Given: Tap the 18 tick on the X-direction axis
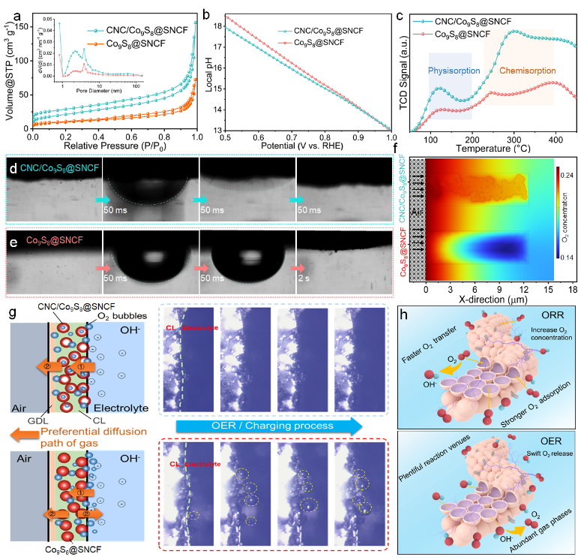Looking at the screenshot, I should click(571, 288).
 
